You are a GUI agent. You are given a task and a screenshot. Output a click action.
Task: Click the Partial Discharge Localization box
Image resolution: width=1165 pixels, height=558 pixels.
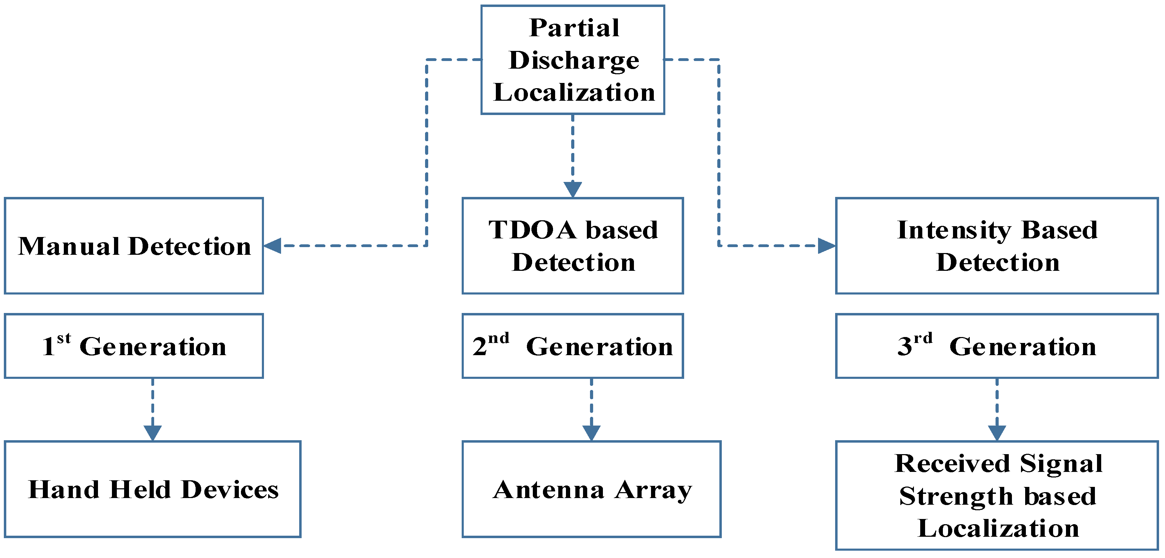573,60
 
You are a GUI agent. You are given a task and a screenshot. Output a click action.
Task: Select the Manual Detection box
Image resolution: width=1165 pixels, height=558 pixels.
134,246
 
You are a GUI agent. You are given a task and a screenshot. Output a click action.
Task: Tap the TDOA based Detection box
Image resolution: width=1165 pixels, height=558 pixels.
573,246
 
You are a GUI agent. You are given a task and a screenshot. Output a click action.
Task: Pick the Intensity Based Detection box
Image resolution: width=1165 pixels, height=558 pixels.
997,246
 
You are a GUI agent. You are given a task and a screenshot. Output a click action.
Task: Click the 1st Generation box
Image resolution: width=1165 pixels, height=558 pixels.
134,346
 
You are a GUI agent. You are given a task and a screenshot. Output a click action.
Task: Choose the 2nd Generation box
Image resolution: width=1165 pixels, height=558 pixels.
573,346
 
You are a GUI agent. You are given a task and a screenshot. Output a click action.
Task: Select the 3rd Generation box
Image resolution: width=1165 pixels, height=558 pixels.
997,346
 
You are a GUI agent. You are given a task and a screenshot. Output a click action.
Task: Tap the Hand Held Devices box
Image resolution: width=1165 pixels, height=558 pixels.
152,489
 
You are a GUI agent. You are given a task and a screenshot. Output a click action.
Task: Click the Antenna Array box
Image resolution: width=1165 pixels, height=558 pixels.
591,489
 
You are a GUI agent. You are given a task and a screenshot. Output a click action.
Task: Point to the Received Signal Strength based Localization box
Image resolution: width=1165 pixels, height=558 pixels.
997,496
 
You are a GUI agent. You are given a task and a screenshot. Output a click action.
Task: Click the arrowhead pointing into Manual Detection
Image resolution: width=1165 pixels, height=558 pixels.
273,246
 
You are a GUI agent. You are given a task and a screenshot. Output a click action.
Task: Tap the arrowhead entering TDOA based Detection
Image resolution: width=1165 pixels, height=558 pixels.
573,189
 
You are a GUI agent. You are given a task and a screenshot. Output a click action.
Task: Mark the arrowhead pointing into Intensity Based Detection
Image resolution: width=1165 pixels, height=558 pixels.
826,246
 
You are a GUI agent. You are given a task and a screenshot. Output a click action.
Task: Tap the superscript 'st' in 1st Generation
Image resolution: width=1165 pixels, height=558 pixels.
64,338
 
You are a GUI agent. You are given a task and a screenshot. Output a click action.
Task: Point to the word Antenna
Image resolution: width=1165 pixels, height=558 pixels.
548,490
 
